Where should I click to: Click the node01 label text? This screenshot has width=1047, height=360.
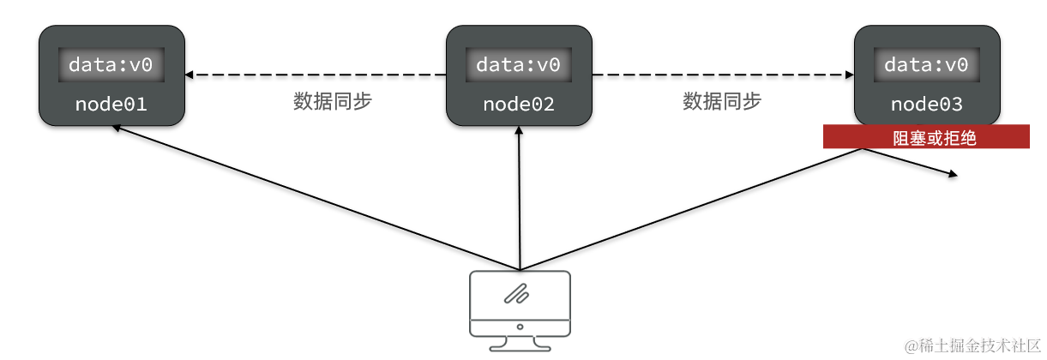pos(111,105)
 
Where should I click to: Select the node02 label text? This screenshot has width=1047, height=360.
pos(519,105)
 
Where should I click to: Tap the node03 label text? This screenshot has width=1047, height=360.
pos(926,105)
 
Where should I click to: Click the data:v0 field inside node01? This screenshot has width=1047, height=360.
pos(111,65)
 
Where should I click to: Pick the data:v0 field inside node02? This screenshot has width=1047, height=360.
pos(519,65)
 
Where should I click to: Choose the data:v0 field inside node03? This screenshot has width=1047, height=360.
pos(926,65)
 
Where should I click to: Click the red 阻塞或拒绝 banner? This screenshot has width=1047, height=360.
pos(926,137)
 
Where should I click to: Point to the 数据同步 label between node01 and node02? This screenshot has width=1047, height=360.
pos(333,101)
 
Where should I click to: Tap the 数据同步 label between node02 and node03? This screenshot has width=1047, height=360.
pos(722,101)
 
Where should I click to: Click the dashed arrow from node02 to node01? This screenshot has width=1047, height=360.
pos(317,75)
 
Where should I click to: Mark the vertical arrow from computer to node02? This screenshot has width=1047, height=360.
pos(520,197)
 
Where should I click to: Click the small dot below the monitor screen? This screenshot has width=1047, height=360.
pos(520,327)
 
